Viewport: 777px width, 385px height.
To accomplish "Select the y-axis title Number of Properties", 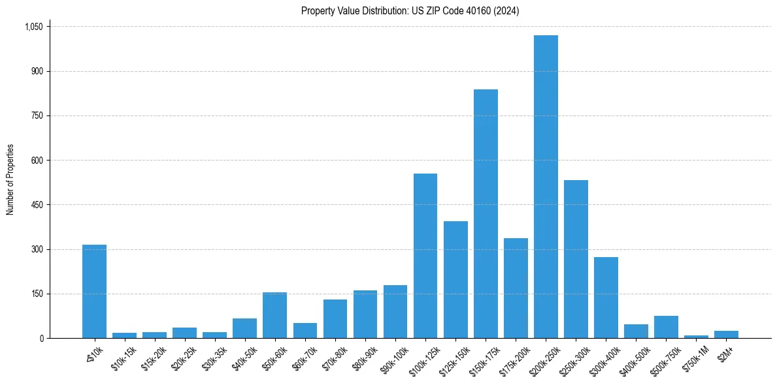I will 10,179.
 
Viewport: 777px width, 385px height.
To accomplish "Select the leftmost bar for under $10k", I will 94,292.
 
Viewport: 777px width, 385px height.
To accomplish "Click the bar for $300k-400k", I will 606,298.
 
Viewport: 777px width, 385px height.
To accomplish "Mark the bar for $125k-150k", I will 455,280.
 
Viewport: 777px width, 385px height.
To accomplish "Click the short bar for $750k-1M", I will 696,337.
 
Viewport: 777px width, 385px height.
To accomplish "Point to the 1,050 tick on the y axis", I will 33,27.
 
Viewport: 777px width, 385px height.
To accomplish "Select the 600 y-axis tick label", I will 37,161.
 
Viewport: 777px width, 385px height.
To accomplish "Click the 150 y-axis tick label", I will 37,294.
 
